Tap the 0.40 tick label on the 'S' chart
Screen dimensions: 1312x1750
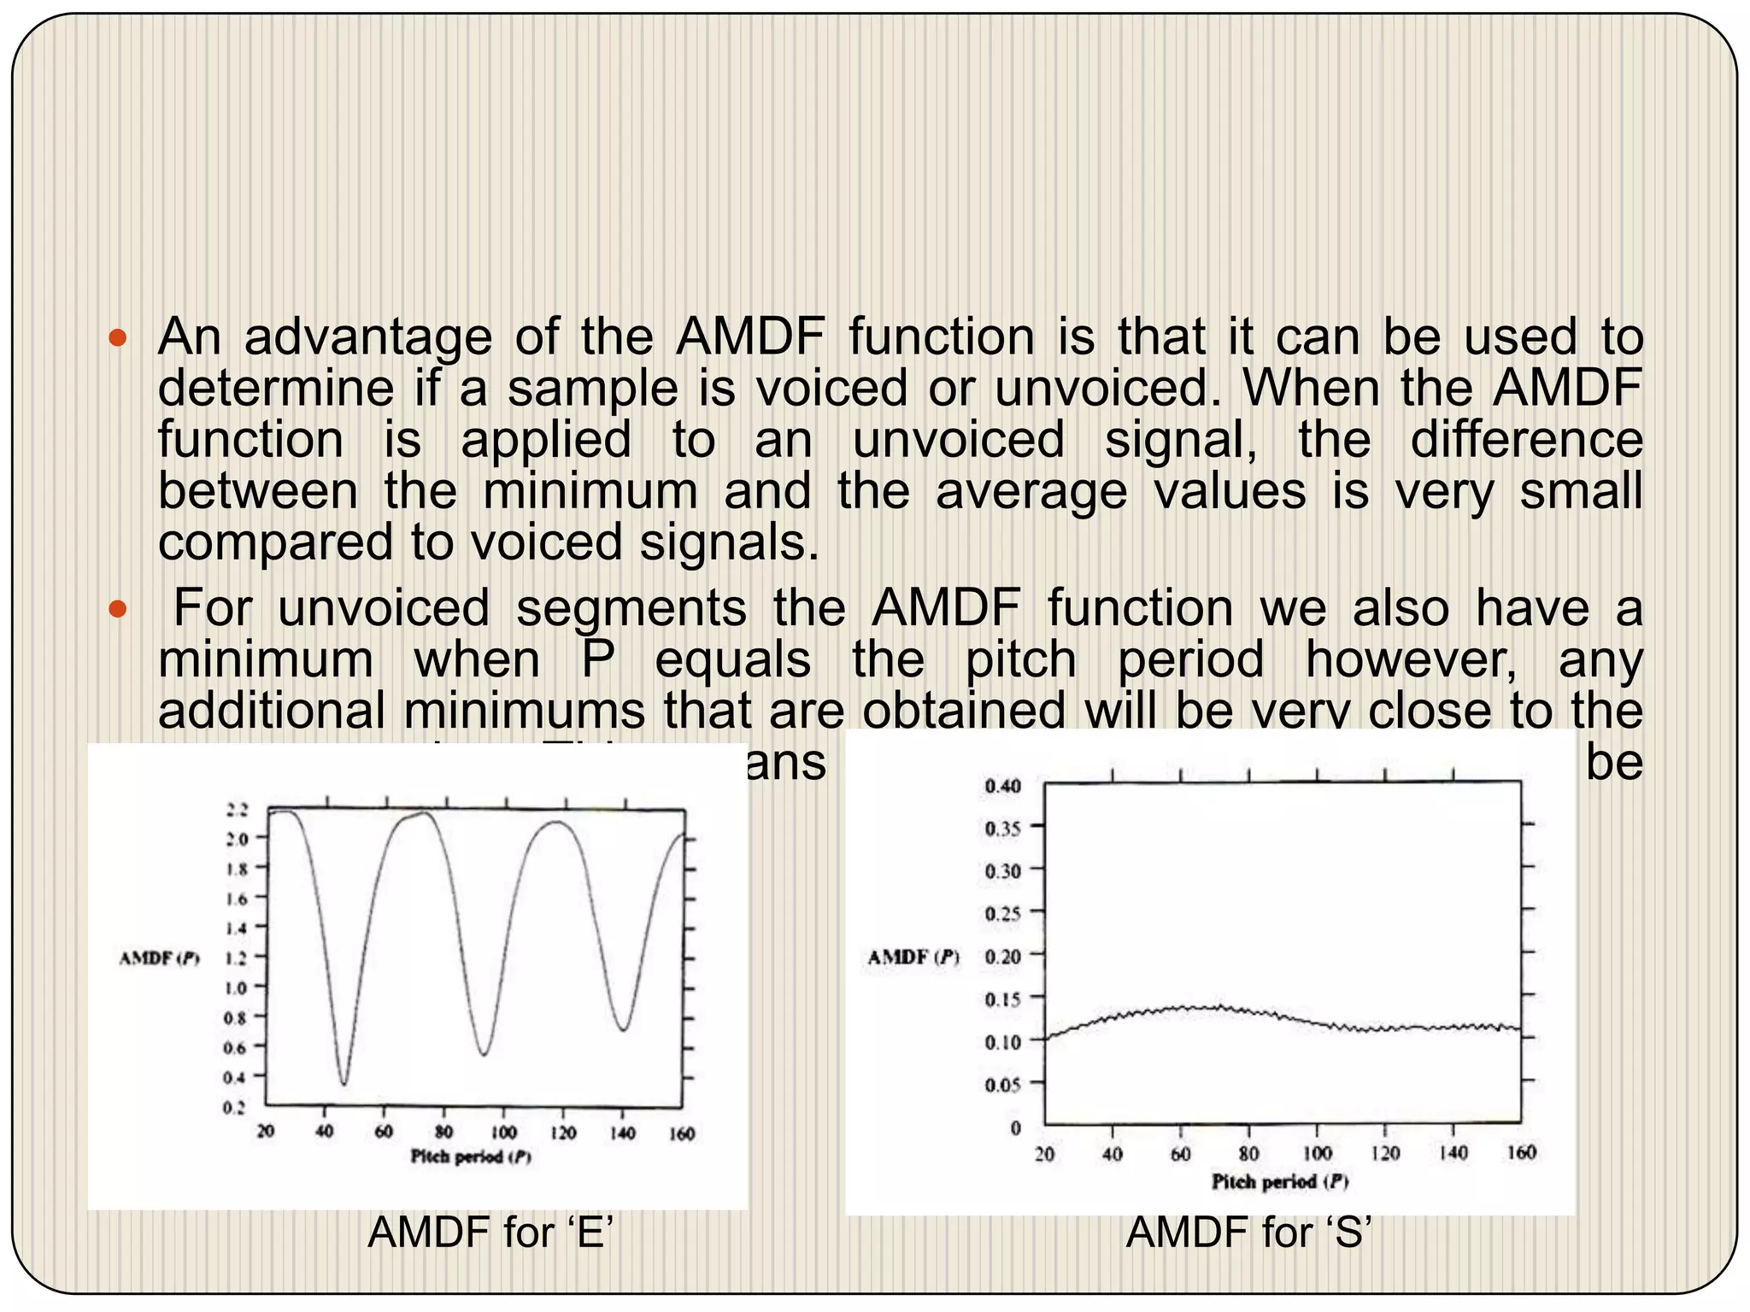point(1002,786)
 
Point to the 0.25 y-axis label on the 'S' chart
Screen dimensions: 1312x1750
point(1002,914)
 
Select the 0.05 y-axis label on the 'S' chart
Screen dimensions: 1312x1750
point(1002,1085)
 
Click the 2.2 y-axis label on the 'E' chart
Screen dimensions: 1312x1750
point(237,810)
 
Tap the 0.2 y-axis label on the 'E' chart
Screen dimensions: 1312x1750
point(235,1108)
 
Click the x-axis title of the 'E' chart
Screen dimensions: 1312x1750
point(471,1157)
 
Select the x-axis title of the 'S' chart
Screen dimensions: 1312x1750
point(1280,1181)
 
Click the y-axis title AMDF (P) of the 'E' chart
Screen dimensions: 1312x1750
point(159,958)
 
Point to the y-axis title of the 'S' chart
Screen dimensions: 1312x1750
point(913,957)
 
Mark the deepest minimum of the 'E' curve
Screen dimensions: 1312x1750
point(344,1083)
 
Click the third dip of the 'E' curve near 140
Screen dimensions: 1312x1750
point(625,1028)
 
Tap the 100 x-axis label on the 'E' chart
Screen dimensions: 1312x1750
point(503,1133)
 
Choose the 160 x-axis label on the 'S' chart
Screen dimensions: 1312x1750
point(1521,1153)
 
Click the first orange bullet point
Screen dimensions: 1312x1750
point(118,339)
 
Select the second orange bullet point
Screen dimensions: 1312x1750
point(118,610)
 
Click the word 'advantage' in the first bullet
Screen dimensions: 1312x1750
point(368,338)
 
